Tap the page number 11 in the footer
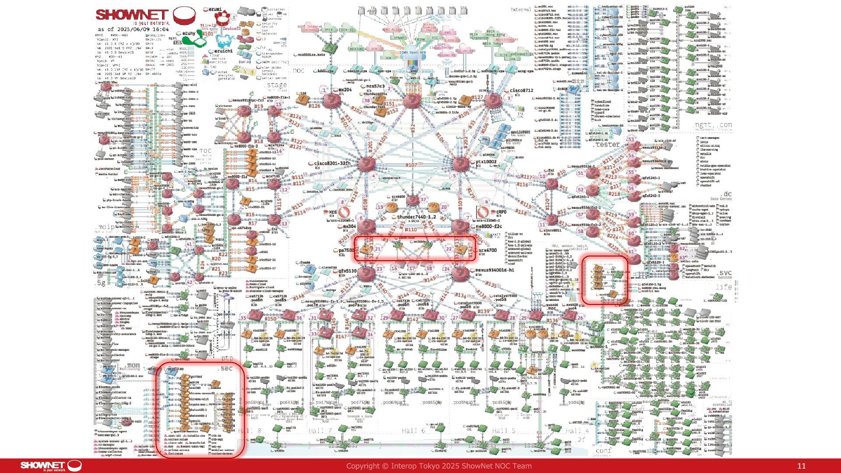(x=801, y=466)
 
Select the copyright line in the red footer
(x=439, y=466)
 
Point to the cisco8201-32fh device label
(x=332, y=163)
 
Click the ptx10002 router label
(x=486, y=162)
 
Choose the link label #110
(x=411, y=229)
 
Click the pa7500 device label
(x=346, y=251)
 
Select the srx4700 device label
(x=488, y=251)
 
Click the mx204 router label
(x=345, y=90)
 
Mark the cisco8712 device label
(x=521, y=91)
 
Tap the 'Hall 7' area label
(x=320, y=431)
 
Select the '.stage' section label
(x=276, y=85)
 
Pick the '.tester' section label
(x=608, y=144)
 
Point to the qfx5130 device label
(x=347, y=271)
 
